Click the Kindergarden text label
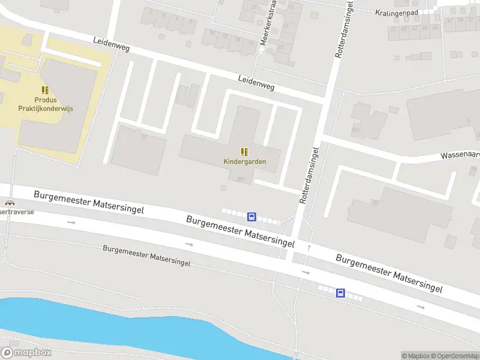pos(244,161)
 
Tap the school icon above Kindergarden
pos(244,152)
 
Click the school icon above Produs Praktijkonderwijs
pos(45,91)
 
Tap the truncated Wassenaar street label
pos(460,155)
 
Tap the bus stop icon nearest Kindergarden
pos(253,217)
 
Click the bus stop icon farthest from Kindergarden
pos(340,293)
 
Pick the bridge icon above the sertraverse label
pos(8,203)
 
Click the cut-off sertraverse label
pos(17,212)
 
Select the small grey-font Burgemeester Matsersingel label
pos(146,256)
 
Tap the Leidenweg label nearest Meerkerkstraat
pos(256,82)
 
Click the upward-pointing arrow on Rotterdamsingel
pos(309,247)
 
